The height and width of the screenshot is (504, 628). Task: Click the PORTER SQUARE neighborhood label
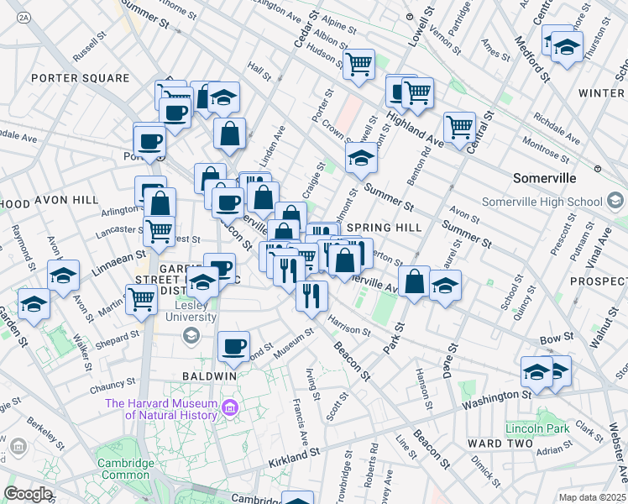[x=81, y=78]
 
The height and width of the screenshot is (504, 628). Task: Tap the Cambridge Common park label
[x=128, y=469]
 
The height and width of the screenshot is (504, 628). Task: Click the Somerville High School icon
[x=616, y=201]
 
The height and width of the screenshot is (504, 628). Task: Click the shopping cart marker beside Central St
[x=459, y=127]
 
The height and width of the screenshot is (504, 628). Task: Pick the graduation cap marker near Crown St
[x=361, y=157]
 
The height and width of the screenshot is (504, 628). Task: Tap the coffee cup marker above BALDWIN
[x=233, y=345]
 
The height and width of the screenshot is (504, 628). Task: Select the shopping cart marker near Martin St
[x=141, y=298]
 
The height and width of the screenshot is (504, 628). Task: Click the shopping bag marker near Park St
[x=414, y=281]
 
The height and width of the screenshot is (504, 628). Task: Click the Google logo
[x=28, y=494]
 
